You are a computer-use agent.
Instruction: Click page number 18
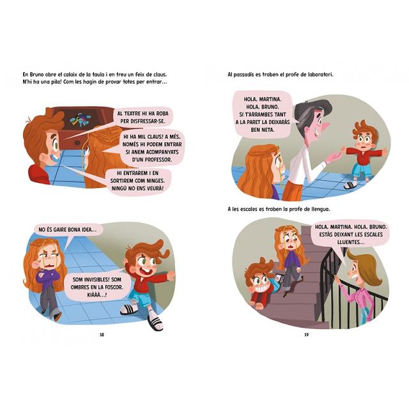(102, 335)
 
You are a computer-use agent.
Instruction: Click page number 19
(307, 335)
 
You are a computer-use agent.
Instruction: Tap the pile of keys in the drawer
(80, 120)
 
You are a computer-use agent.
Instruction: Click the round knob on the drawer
(77, 143)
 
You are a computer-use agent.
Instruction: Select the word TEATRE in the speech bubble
(134, 114)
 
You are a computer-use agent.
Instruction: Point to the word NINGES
(155, 181)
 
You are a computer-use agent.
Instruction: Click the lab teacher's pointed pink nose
(326, 127)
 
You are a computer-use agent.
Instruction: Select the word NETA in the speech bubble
(268, 130)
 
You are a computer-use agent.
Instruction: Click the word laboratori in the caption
(320, 75)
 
